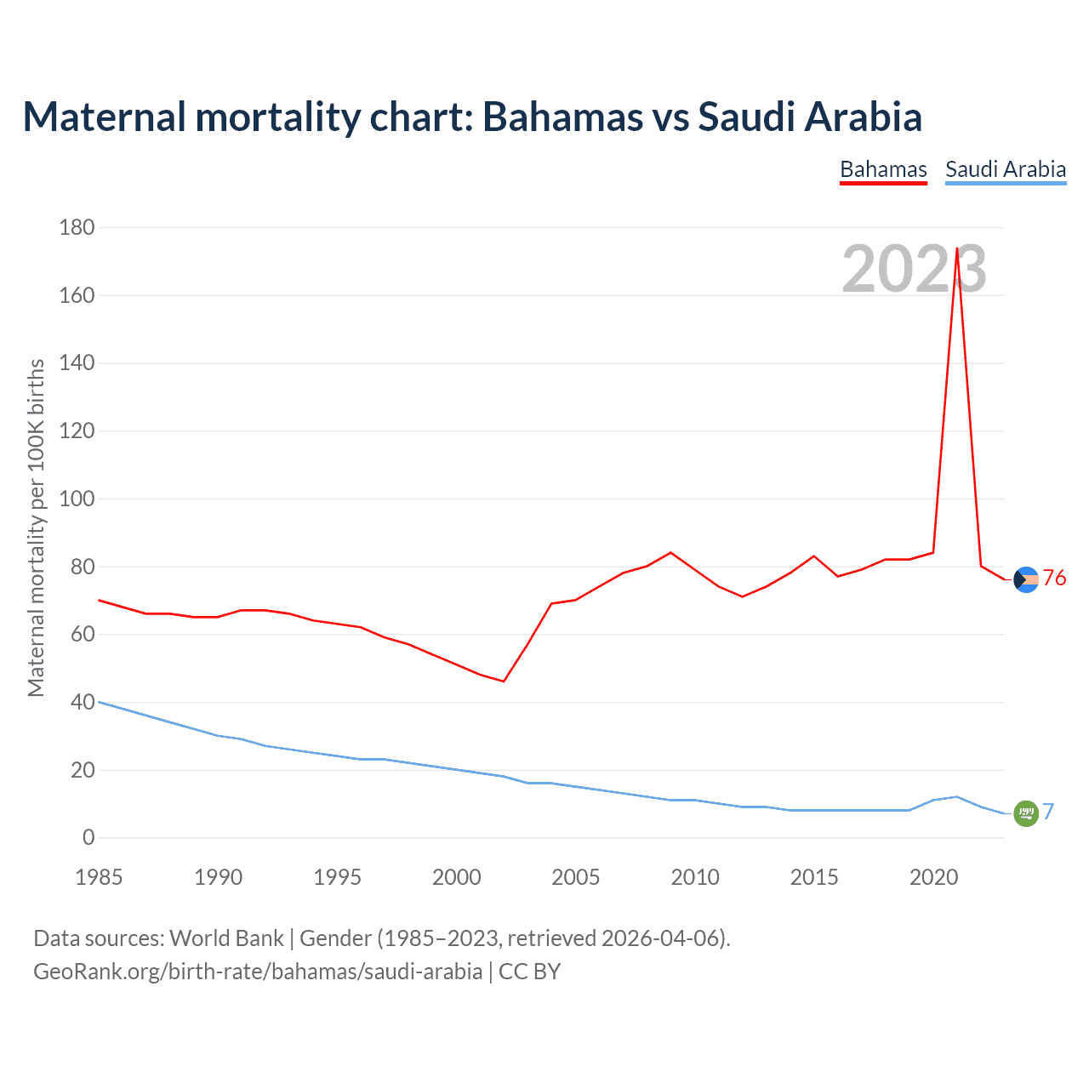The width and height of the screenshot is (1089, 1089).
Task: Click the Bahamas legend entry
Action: click(x=883, y=169)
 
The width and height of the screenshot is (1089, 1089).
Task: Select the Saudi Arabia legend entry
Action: click(x=1006, y=169)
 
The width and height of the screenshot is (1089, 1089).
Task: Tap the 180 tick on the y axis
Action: click(x=77, y=227)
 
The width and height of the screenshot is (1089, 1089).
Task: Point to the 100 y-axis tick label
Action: click(x=77, y=499)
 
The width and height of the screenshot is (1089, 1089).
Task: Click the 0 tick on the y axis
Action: click(x=88, y=837)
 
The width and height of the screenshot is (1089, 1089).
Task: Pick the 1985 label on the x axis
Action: click(x=99, y=877)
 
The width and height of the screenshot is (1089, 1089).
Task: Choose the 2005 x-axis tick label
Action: click(x=575, y=877)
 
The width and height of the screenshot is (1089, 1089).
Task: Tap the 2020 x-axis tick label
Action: click(x=933, y=877)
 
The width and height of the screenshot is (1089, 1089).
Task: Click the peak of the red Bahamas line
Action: click(x=957, y=249)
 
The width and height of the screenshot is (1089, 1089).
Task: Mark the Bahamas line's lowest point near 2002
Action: click(x=504, y=681)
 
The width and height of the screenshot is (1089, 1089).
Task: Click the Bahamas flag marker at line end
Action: click(x=1026, y=579)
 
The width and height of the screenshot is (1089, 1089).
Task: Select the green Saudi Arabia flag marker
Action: click(x=1026, y=813)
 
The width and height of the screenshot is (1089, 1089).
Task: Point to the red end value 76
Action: click(x=1054, y=579)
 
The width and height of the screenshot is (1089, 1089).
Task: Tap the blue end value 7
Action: click(x=1048, y=812)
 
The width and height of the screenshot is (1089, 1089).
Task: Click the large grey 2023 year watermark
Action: click(x=914, y=270)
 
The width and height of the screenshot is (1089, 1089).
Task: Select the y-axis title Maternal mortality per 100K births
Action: click(x=36, y=527)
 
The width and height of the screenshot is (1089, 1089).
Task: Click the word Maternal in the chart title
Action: click(x=104, y=117)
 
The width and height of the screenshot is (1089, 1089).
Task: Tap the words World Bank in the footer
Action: click(x=226, y=938)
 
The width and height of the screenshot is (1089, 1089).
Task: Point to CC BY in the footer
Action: click(x=529, y=971)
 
